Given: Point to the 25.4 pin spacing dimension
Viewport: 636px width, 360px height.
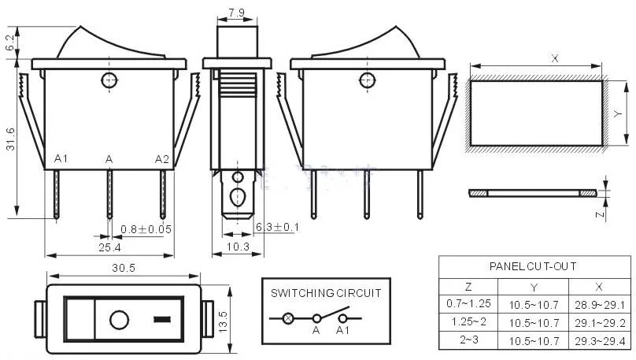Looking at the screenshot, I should pyautogui.click(x=109, y=247).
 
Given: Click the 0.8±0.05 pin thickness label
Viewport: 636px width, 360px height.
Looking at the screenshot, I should pyautogui.click(x=146, y=229).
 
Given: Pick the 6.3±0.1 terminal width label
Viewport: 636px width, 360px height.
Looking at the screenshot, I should pyautogui.click(x=277, y=228).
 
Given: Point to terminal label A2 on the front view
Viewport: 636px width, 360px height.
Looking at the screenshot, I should pyautogui.click(x=161, y=159).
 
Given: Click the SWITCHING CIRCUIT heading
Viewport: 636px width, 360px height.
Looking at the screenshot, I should pyautogui.click(x=326, y=292).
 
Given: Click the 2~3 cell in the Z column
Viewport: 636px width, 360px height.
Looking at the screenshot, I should pyautogui.click(x=468, y=341).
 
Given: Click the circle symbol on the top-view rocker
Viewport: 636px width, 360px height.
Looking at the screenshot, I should pyautogui.click(x=119, y=320).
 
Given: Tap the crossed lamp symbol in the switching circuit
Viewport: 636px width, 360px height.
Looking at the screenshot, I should pyautogui.click(x=288, y=319).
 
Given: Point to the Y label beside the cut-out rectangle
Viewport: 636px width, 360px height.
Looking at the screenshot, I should pyautogui.click(x=618, y=114).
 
